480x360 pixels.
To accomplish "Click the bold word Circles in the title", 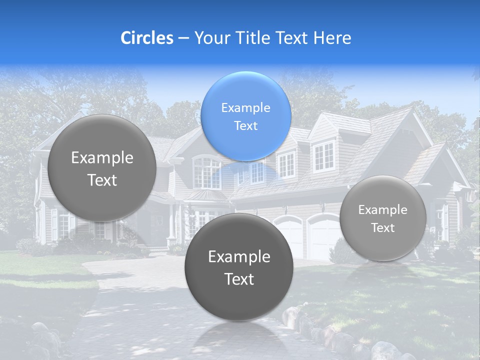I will tap(146, 38).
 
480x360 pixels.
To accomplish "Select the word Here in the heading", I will tap(332, 38).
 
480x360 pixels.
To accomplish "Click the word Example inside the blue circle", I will tap(246, 107).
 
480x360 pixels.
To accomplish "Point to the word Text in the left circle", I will tap(102, 180).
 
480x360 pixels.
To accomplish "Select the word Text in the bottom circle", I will tap(239, 279).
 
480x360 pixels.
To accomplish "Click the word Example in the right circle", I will tap(383, 209).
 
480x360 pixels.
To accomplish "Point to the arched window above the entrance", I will tap(206, 171).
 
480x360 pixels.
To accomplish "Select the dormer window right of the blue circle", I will tap(323, 156).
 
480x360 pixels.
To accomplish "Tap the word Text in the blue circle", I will tap(246, 125).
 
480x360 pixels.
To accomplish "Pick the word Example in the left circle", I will tap(102, 157).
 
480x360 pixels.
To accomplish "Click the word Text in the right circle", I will tap(383, 227).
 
